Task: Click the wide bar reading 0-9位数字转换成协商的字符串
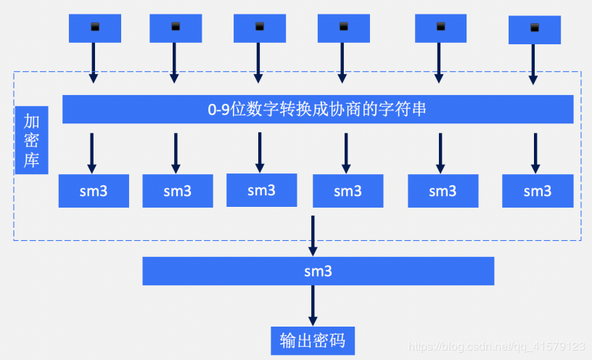(x=317, y=110)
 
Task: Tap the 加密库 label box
(x=31, y=139)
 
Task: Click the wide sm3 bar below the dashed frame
(x=318, y=271)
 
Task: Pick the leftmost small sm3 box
(x=94, y=192)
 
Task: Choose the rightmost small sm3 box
(x=537, y=191)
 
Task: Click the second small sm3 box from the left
(x=177, y=192)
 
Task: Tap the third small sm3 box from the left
(x=261, y=190)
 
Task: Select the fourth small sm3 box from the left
(x=348, y=192)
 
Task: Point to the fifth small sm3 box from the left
(x=442, y=192)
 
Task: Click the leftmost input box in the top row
(x=94, y=28)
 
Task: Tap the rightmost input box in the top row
(x=535, y=29)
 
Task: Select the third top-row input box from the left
(x=260, y=28)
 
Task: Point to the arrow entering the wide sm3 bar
(x=313, y=235)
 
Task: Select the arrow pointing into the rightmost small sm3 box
(x=535, y=152)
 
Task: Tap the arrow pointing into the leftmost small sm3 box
(x=92, y=152)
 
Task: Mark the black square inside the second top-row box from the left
(x=176, y=27)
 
